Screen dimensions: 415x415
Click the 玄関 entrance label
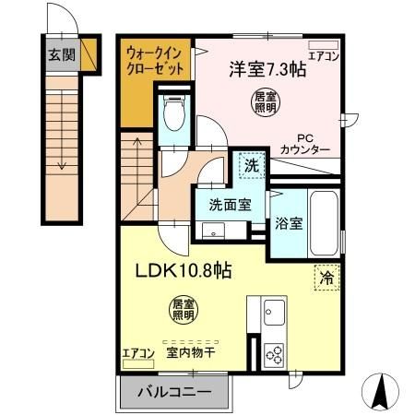[x=61, y=53]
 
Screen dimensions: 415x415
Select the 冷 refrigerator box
[x=327, y=276]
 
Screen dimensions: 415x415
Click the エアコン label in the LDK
[x=137, y=352]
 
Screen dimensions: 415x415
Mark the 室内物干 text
[x=190, y=352]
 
